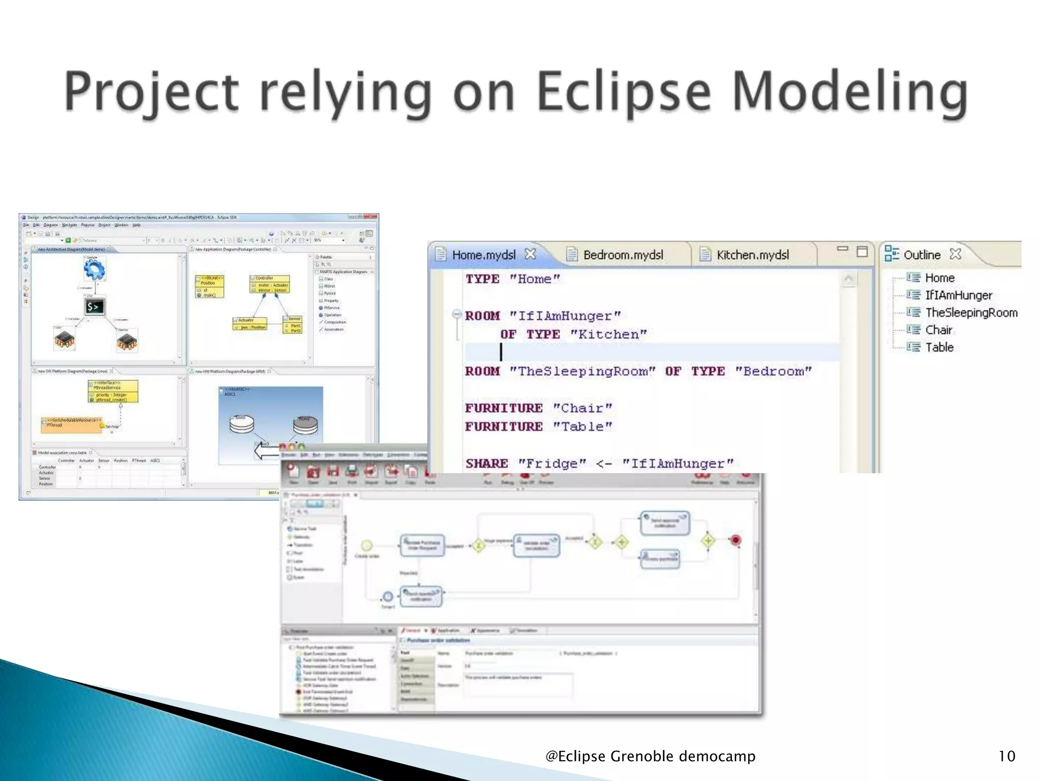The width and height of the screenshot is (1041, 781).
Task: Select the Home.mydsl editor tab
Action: pyautogui.click(x=483, y=255)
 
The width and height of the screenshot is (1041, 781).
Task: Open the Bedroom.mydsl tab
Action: pyautogui.click(x=623, y=255)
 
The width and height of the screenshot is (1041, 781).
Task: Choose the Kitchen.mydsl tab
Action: pyautogui.click(x=752, y=255)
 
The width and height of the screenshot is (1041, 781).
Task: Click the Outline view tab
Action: pyautogui.click(x=922, y=255)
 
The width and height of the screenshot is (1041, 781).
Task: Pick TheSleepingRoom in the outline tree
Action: pyautogui.click(x=971, y=313)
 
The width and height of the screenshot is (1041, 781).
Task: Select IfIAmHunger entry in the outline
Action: pyautogui.click(x=958, y=295)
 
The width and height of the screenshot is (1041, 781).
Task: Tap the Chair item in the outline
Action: pyautogui.click(x=938, y=330)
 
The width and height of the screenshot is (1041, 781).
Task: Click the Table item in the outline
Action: pyautogui.click(x=939, y=347)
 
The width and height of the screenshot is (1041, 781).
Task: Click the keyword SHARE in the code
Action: pyautogui.click(x=486, y=463)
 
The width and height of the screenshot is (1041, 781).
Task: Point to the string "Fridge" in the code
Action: pyautogui.click(x=552, y=463)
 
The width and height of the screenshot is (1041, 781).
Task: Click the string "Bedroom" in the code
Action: pyautogui.click(x=773, y=371)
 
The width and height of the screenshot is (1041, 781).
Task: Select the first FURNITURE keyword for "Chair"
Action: pyautogui.click(x=503, y=408)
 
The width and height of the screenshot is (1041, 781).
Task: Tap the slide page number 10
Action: pyautogui.click(x=1006, y=756)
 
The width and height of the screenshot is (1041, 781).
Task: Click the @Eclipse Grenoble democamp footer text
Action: pyautogui.click(x=650, y=756)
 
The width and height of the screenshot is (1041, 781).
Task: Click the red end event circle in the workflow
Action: pyautogui.click(x=735, y=540)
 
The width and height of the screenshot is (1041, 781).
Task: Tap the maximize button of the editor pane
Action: pyautogui.click(x=862, y=252)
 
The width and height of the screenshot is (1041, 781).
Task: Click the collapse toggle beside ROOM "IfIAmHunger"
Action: pyautogui.click(x=456, y=314)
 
